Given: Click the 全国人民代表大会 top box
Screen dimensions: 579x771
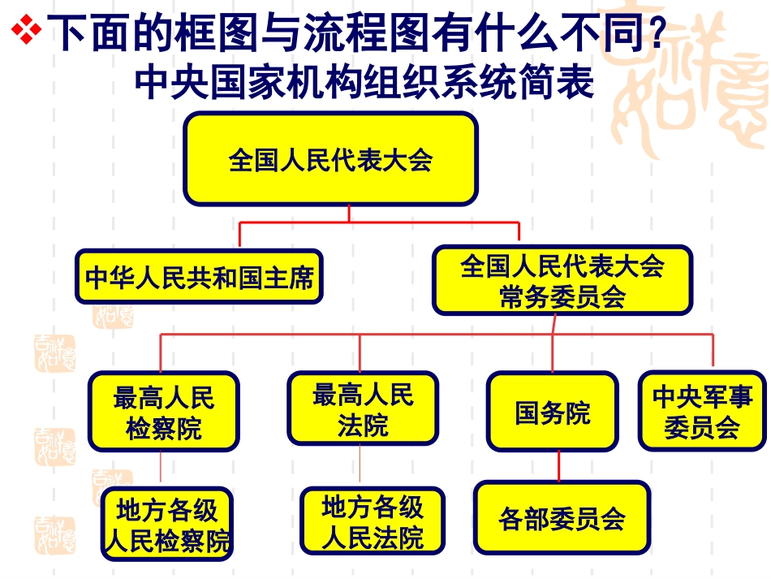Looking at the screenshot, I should click(x=330, y=159).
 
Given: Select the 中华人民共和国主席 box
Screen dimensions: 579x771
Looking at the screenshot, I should click(x=200, y=278).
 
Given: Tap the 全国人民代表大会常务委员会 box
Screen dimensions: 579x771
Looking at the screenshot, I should click(x=562, y=281).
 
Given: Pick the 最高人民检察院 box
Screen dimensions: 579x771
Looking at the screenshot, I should click(x=164, y=412).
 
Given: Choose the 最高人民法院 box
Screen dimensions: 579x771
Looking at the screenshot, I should click(x=363, y=410).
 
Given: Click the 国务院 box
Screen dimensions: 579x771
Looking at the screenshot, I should click(x=553, y=412).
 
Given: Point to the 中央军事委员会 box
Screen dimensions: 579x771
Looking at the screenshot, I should click(x=702, y=412).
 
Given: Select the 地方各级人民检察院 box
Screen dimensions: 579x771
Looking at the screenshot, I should click(x=167, y=525).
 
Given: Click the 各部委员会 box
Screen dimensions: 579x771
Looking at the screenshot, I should click(x=562, y=518).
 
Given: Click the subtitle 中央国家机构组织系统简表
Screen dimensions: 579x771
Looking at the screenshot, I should click(x=365, y=82).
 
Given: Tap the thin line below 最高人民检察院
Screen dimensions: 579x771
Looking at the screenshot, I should click(x=161, y=469).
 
